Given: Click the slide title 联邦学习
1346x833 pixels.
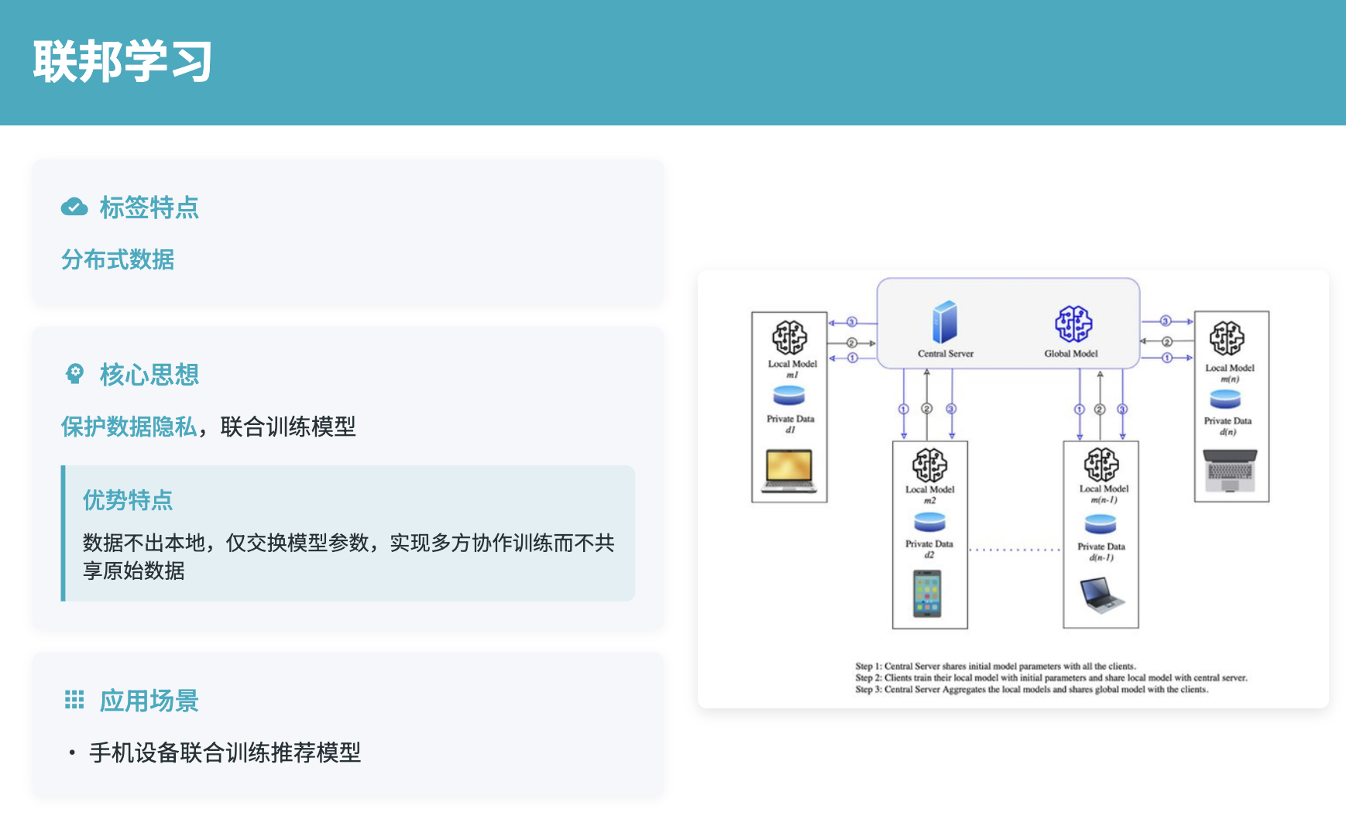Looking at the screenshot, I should pos(122,62).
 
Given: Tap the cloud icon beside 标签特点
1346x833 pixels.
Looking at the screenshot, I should pos(74,207).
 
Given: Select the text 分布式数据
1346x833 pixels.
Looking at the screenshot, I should pos(118,259).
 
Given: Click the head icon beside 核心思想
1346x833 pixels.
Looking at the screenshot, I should pos(74,375).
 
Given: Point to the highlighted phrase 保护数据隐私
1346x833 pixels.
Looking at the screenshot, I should pos(129,427).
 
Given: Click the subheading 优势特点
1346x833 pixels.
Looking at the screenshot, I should pos(128,500).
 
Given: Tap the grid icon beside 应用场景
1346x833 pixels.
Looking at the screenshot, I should pos(74,701).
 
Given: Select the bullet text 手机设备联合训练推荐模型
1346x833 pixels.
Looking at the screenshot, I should pos(225,752).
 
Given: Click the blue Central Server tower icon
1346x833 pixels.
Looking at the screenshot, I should pos(945,322).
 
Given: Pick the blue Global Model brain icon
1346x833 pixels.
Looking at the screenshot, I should pos(1073,324).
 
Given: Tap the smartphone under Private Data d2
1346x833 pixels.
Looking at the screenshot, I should pos(927,593).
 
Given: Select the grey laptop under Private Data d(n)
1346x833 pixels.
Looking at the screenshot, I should pos(1231,470).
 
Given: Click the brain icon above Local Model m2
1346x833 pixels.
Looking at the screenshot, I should pos(929,464).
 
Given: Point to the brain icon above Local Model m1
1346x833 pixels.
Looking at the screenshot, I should pos(789,338).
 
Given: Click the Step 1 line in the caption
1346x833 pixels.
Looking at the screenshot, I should pos(995,666).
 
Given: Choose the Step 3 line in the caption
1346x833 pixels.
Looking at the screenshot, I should pos(1032,689).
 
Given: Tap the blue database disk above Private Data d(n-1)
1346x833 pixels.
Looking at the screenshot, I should pos(1100,525).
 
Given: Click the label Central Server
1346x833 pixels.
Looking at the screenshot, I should pos(946,354).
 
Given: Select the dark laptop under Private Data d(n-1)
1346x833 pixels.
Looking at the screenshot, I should pos(1101,595).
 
